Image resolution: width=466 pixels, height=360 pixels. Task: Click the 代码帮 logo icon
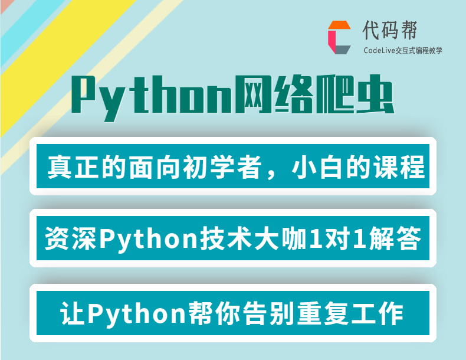[339, 37]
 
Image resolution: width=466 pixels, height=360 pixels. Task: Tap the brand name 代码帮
[390, 30]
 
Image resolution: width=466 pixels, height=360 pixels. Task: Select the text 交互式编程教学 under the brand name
[419, 51]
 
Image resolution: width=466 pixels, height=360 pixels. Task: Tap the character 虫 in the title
[375, 94]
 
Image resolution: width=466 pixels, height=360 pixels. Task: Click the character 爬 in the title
[335, 94]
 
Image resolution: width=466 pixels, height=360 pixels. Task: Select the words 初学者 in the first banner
[222, 167]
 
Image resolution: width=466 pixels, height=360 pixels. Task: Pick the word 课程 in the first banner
[399, 167]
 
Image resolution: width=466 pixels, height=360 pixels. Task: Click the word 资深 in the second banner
[70, 238]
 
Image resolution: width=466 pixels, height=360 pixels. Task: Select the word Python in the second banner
[149, 240]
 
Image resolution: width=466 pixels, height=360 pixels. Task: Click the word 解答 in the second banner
[395, 238]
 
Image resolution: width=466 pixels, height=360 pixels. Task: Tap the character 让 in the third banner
[72, 313]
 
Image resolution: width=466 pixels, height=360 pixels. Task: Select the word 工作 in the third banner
[377, 313]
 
